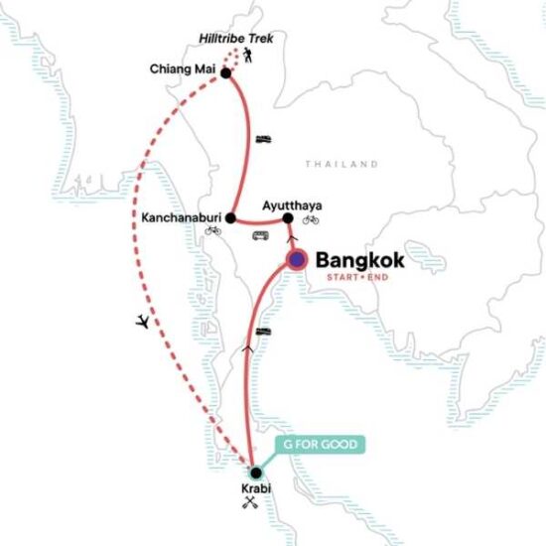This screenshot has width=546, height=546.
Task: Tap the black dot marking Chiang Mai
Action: pyautogui.click(x=226, y=73)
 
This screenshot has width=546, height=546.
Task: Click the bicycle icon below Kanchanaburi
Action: pyautogui.click(x=213, y=230)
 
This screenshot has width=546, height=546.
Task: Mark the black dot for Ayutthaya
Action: pyautogui.click(x=289, y=218)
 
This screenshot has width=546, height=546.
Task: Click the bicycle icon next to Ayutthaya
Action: pyautogui.click(x=311, y=219)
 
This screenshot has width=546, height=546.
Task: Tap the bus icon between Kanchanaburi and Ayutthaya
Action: pyautogui.click(x=260, y=235)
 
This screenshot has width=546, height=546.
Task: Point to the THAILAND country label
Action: pyautogui.click(x=341, y=164)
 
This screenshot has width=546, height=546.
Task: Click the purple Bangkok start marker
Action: pyautogui.click(x=297, y=260)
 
